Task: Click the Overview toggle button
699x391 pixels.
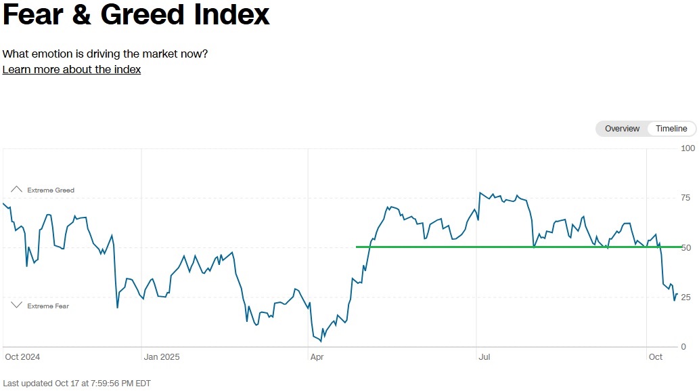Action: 622,129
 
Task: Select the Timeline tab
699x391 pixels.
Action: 671,129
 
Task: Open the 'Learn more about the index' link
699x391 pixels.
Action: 72,70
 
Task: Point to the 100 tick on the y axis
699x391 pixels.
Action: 688,148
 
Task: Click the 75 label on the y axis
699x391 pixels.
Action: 685,198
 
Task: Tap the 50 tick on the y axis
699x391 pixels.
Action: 685,248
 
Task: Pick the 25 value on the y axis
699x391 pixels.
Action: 685,297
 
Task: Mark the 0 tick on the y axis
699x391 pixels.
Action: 683,347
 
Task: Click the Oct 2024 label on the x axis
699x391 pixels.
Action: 22,357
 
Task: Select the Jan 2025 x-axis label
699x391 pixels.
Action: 161,357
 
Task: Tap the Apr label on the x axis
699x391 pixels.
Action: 317,357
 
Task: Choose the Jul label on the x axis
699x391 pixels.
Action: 484,357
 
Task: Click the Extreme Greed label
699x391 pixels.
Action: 51,190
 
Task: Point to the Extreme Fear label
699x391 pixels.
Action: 48,306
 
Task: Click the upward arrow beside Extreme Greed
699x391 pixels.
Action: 16,189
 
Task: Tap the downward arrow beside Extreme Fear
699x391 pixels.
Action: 16,306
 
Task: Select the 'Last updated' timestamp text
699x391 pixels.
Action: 76,384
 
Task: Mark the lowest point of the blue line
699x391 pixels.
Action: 321,342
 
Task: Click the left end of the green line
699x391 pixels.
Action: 356,247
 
